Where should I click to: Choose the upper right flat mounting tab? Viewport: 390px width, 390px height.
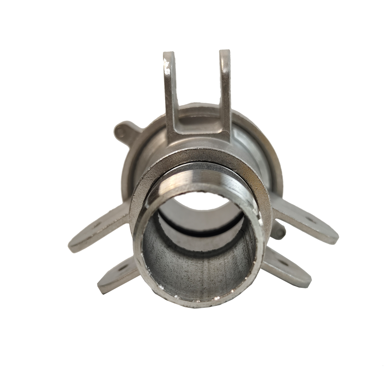click(308, 226)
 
